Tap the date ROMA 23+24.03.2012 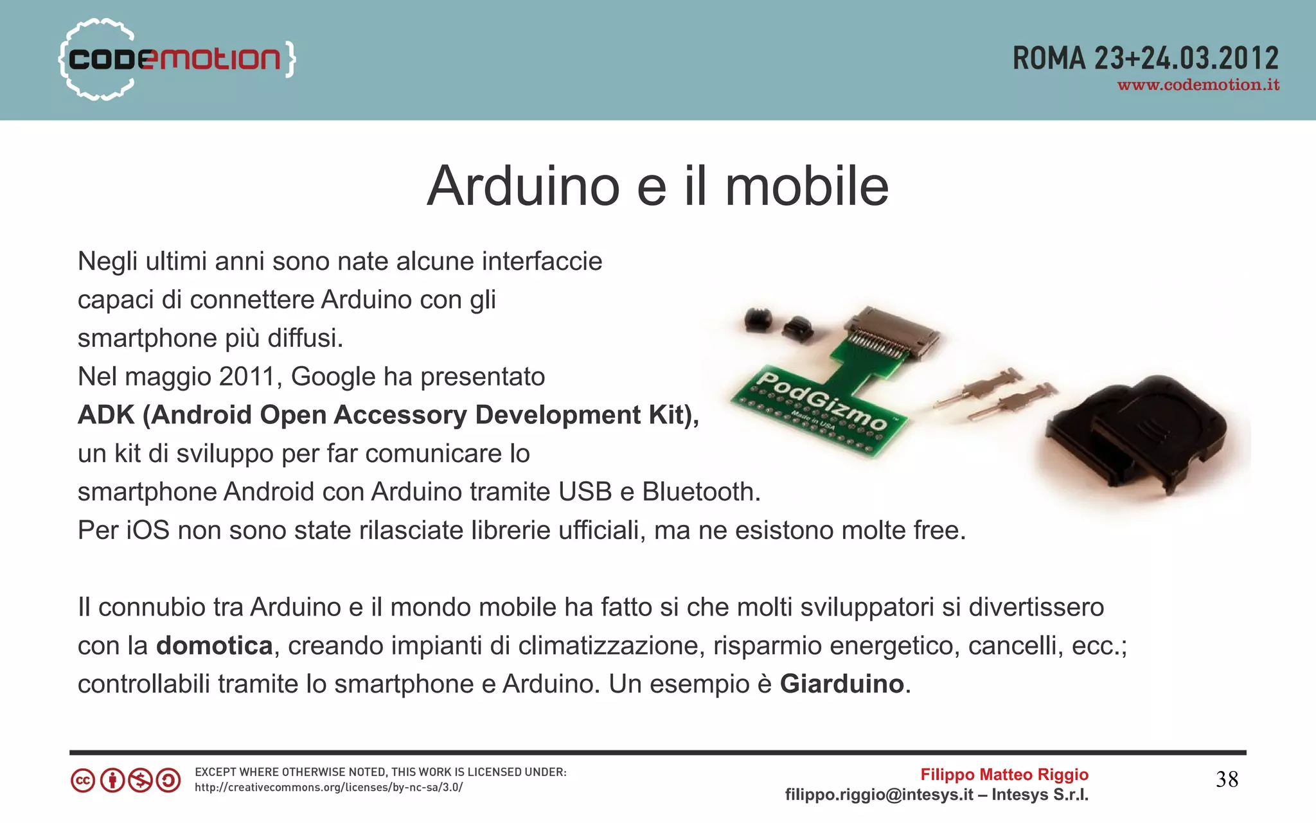tap(1145, 58)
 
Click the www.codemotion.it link tap(1198, 85)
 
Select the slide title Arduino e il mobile tap(657, 186)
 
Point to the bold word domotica tap(214, 646)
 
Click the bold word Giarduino tap(842, 684)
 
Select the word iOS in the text tap(148, 531)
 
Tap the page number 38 tap(1227, 780)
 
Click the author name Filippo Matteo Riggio tap(1004, 775)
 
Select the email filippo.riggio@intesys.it tap(879, 795)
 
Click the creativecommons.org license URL tap(328, 788)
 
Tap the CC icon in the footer tap(83, 781)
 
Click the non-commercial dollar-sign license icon tap(140, 781)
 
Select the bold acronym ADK tap(106, 415)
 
